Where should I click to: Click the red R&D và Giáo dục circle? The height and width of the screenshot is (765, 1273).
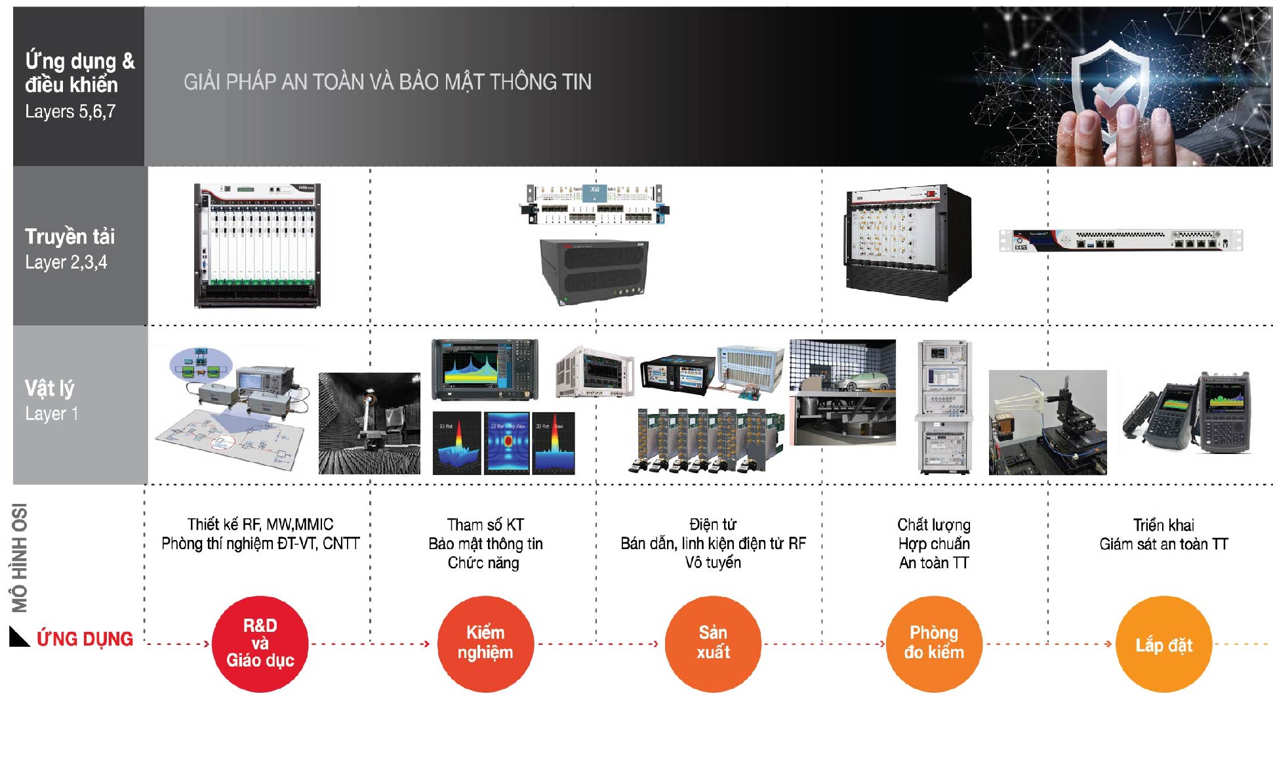click(x=260, y=644)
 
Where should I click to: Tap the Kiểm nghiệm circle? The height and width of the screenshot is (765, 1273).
click(x=485, y=644)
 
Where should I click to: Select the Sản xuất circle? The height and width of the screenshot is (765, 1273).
click(x=713, y=644)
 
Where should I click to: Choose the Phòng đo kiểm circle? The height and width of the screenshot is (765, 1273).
click(x=934, y=644)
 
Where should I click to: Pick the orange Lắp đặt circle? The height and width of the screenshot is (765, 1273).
click(x=1163, y=644)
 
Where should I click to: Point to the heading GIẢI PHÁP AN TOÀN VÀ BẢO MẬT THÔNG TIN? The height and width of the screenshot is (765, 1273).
click(x=387, y=82)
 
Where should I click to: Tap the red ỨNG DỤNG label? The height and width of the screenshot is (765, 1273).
click(x=85, y=639)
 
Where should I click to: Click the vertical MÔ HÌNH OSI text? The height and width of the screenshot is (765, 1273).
click(x=20, y=558)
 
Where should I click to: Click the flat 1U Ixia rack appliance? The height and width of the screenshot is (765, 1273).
click(x=1120, y=240)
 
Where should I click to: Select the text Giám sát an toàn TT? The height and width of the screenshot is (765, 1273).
click(x=1163, y=544)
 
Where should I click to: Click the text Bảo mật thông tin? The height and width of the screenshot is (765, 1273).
click(x=485, y=544)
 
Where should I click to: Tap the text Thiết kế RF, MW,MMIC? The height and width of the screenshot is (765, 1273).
click(x=260, y=525)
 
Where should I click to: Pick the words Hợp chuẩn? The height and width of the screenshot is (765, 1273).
click(x=934, y=544)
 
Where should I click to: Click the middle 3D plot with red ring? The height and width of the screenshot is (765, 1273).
click(x=507, y=443)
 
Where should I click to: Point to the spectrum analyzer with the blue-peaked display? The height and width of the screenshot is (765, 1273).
click(x=485, y=369)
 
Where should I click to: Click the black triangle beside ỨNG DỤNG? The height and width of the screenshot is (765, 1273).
click(x=18, y=637)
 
